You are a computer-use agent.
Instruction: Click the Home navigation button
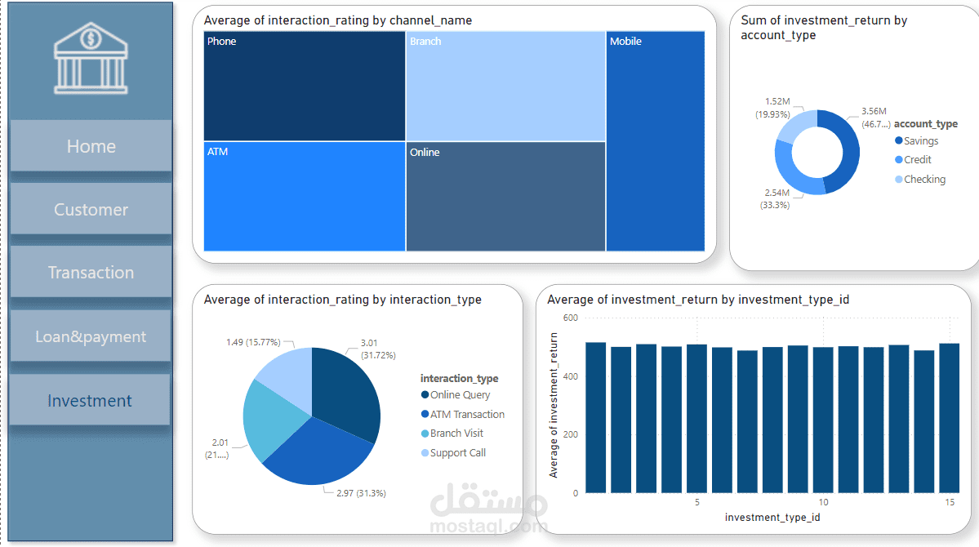point(91,146)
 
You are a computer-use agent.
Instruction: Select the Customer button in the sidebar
point(91,210)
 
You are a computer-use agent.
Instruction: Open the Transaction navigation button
point(91,273)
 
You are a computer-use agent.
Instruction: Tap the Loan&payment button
point(91,336)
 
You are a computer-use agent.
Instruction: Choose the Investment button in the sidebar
point(90,401)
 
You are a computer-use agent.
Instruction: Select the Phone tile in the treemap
point(304,86)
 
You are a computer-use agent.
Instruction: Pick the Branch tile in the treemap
point(506,86)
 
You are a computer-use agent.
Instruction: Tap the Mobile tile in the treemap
point(656,140)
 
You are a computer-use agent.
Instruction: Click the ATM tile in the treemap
point(304,196)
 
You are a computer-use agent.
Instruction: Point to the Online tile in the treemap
point(506,196)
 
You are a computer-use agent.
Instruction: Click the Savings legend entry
point(920,141)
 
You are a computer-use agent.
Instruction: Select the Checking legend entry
point(924,180)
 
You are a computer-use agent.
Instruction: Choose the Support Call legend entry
point(457,453)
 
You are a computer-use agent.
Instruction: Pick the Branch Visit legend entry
point(456,434)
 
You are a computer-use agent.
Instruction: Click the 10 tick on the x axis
point(824,503)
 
